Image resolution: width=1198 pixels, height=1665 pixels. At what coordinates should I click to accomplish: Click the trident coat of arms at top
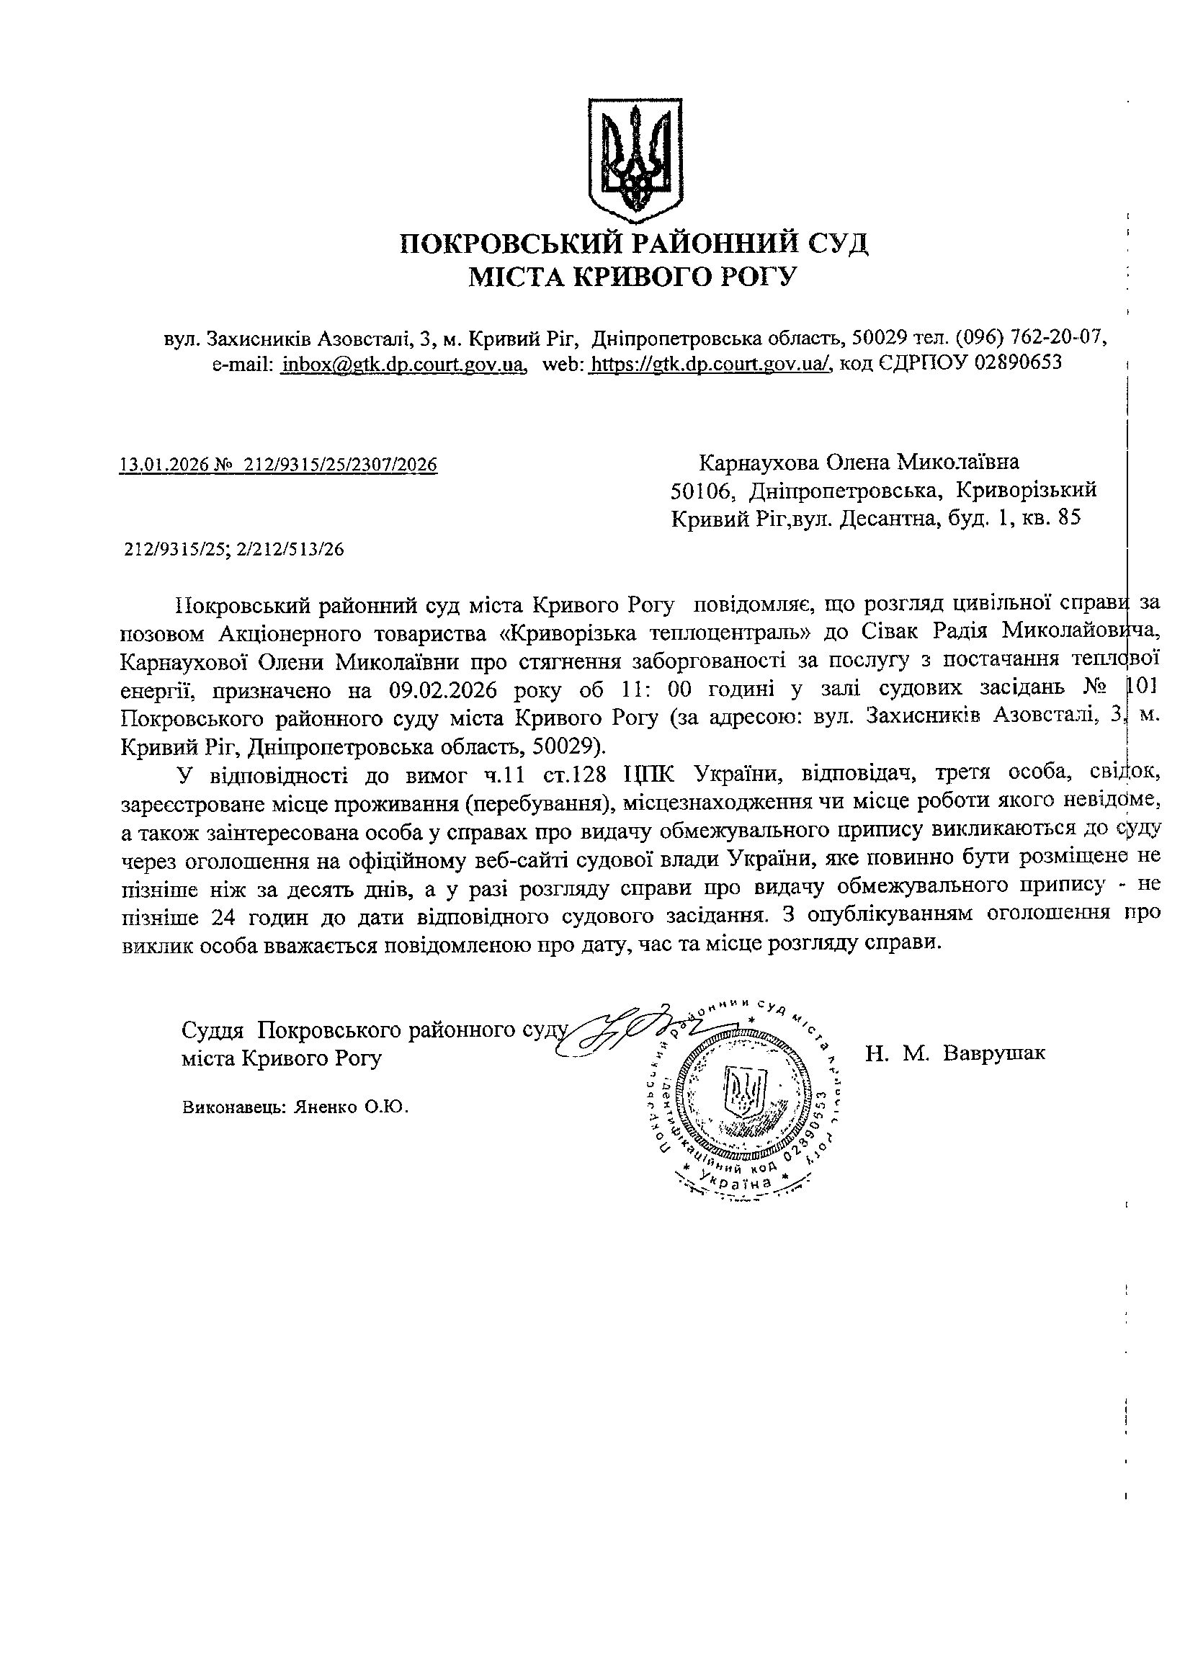tap(635, 160)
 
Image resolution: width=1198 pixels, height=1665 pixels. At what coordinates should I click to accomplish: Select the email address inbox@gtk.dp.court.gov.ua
tap(403, 363)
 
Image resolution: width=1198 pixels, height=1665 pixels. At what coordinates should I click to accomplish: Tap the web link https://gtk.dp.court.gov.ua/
tap(710, 363)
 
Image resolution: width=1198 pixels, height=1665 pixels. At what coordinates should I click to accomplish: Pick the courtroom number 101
tap(1142, 690)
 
